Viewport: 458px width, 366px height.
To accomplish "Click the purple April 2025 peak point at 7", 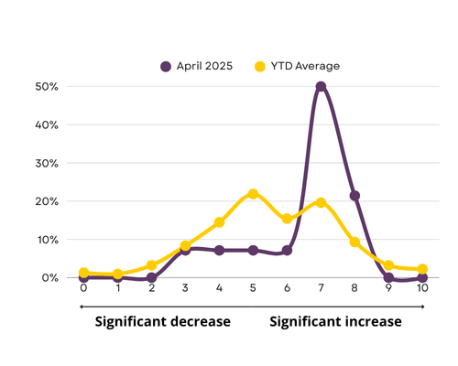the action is [x=321, y=87].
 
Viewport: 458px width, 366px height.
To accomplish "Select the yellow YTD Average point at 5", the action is [x=253, y=194].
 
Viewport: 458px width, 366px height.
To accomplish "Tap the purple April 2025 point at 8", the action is [x=354, y=196].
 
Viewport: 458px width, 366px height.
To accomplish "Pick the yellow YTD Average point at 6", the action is [x=287, y=219].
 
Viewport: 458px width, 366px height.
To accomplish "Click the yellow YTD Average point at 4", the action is [x=219, y=222].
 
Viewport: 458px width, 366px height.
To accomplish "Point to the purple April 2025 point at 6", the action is [x=287, y=251].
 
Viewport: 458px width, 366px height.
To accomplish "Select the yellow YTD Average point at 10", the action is [x=422, y=269].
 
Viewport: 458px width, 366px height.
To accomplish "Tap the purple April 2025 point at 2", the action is [x=151, y=277].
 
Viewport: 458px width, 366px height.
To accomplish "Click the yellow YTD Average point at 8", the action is [x=354, y=242].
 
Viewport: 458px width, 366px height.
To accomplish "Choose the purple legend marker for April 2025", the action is [x=166, y=66].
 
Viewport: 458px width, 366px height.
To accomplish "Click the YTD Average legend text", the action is [x=305, y=66].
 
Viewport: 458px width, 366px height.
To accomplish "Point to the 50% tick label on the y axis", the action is [x=47, y=87].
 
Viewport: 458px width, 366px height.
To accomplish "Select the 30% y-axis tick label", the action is [x=47, y=163].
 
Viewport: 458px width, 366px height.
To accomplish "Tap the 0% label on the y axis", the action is [x=49, y=278].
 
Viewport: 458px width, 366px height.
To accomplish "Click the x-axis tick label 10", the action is [x=422, y=287].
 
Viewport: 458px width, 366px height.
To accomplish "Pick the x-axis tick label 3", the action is [x=185, y=287].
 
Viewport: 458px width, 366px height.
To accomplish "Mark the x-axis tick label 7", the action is [x=321, y=287].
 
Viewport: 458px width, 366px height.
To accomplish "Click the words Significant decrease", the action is [x=163, y=321].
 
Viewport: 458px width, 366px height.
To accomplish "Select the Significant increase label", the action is [x=335, y=321].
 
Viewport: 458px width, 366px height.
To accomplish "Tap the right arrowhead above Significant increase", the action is [x=423, y=307].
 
